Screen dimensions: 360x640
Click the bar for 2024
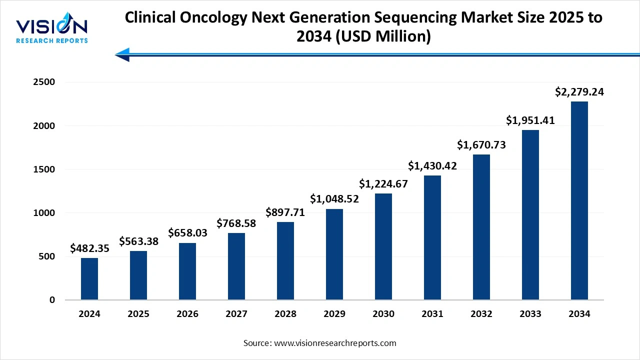coord(89,279)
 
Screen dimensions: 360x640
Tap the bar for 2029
coord(334,254)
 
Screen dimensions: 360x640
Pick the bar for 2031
coord(432,238)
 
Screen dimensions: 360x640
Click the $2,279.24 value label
coord(579,92)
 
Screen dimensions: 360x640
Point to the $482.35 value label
coord(89,248)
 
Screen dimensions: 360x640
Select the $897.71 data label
coord(285,212)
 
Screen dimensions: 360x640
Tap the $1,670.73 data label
coord(481,145)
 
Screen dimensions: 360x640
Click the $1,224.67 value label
coord(383,183)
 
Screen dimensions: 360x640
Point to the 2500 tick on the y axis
coord(44,82)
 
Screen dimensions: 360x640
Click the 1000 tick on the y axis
coord(44,213)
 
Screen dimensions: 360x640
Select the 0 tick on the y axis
coord(52,300)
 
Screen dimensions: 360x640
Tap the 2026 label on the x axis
coord(187,314)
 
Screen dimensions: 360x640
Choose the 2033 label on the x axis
coord(530,314)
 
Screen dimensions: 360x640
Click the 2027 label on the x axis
coord(236,314)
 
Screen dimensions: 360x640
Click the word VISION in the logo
coord(51,26)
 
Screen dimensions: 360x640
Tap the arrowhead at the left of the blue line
coord(122,54)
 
